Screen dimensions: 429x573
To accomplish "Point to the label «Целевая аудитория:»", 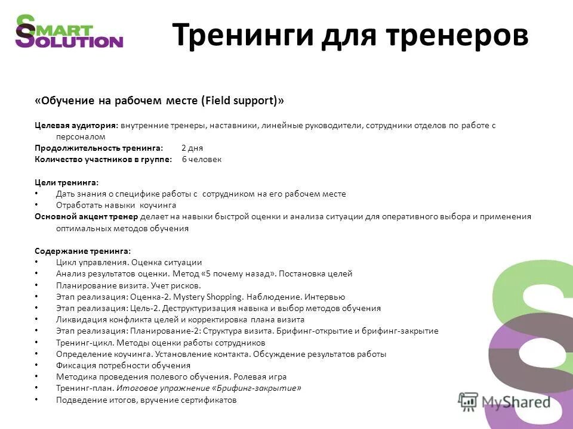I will (76, 126).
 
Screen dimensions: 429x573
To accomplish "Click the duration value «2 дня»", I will (193, 148).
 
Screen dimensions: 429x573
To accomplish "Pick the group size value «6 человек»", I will (202, 159).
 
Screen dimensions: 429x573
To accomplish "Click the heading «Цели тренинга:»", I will (66, 182).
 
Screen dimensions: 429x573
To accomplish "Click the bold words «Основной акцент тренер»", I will (86, 216).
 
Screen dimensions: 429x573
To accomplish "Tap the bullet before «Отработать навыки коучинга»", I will (36, 205).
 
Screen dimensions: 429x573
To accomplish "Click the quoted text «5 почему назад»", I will (239, 273).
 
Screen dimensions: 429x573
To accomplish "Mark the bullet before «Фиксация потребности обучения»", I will (36, 365).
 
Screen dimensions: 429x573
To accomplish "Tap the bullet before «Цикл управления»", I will (36, 262).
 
